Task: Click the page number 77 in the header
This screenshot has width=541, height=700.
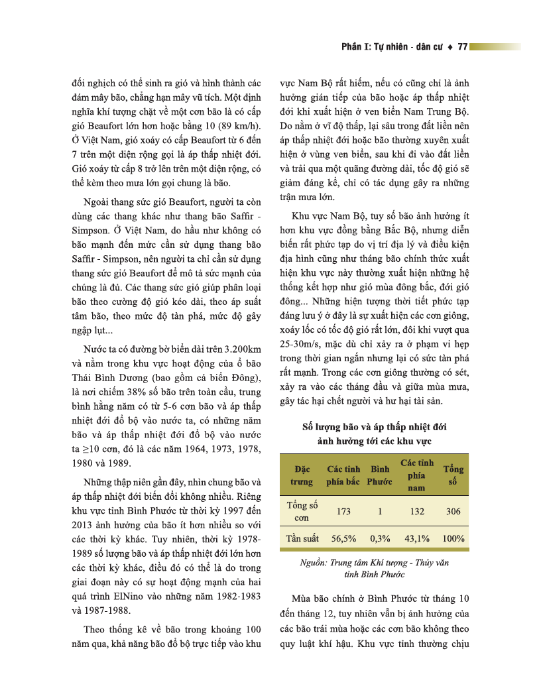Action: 463,47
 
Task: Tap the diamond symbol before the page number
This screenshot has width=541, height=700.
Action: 451,47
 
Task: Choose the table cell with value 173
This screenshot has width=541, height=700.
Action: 343,512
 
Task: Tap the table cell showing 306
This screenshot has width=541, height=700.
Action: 453,512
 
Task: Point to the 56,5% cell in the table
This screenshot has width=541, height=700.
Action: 343,539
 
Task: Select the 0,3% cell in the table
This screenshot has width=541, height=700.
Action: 380,539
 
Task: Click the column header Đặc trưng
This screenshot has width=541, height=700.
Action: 302,475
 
